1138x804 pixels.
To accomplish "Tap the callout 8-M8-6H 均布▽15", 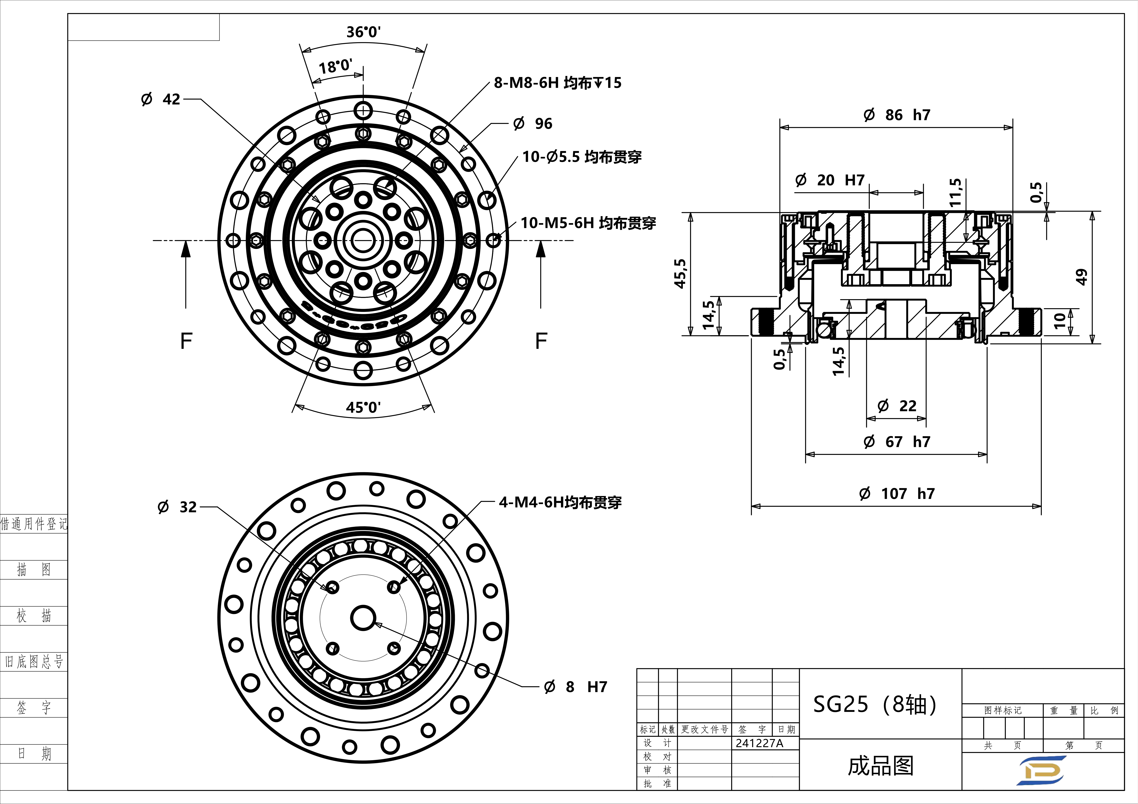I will [x=558, y=83].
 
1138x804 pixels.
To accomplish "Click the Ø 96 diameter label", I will [x=533, y=123].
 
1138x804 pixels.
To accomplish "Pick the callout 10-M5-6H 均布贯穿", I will [x=588, y=223].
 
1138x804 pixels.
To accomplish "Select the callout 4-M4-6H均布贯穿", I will [x=560, y=502].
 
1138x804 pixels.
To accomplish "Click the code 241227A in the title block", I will [x=759, y=743].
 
